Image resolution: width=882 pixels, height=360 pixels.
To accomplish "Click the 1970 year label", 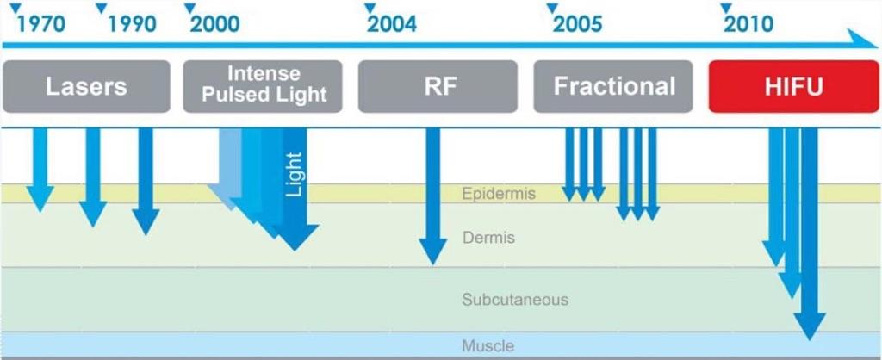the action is pos(41,24).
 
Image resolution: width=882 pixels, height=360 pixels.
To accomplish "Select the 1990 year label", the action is pos(132,24).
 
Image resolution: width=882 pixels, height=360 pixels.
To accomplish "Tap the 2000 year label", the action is pos(214,24).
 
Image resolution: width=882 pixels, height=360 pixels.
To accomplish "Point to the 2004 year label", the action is pos(392,24).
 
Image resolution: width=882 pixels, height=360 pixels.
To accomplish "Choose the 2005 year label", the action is pos(578,24).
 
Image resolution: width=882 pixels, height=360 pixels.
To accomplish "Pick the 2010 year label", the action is pos(748,24).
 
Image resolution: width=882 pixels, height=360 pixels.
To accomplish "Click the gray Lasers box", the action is pos(86,87).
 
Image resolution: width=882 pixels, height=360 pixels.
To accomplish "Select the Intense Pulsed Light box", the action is pos(263,87).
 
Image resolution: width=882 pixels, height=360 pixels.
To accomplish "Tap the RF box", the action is pos(438,87).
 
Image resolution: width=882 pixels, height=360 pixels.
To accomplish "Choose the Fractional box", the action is pos(613,87).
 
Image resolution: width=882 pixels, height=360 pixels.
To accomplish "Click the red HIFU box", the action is pos(793,87).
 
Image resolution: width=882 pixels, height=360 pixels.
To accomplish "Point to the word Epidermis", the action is pos(499,194).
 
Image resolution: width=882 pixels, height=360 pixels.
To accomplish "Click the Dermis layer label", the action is pos(489,238).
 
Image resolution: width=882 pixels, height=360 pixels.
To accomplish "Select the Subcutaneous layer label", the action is pos(515,299).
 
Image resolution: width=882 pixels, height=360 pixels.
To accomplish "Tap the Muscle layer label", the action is pos(488,344).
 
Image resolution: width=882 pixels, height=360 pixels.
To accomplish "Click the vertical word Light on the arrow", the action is pos(294,174).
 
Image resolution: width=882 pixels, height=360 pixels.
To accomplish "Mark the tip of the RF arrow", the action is pos(432,264).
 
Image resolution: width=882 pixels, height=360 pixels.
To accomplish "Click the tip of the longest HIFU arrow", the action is pos(810,339).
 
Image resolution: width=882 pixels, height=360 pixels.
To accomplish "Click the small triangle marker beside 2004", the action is pos(370,8).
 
